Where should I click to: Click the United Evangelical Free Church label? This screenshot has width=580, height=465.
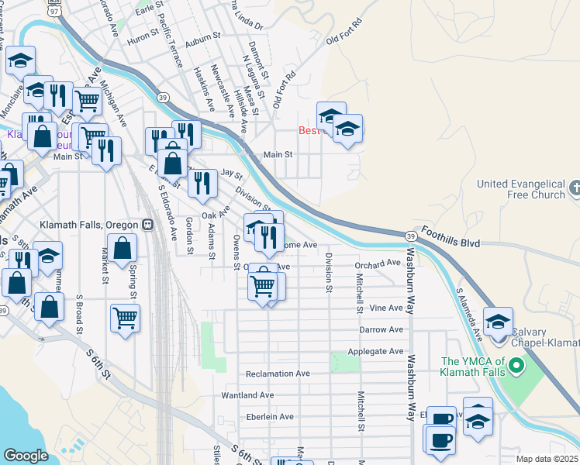520,189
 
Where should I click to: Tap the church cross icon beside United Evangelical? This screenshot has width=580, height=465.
574,188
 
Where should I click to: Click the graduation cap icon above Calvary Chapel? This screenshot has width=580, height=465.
498,320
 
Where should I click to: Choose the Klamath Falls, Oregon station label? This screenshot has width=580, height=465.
96,225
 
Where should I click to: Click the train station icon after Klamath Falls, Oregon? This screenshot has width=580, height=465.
147,225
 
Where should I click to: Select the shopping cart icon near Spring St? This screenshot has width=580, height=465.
125,316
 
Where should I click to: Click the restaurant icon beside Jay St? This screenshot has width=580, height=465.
202,182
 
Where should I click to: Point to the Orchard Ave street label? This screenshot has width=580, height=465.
379,265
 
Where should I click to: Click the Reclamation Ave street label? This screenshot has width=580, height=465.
278,374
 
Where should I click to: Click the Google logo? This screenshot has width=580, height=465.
26,456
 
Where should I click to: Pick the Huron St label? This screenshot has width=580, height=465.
143,37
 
